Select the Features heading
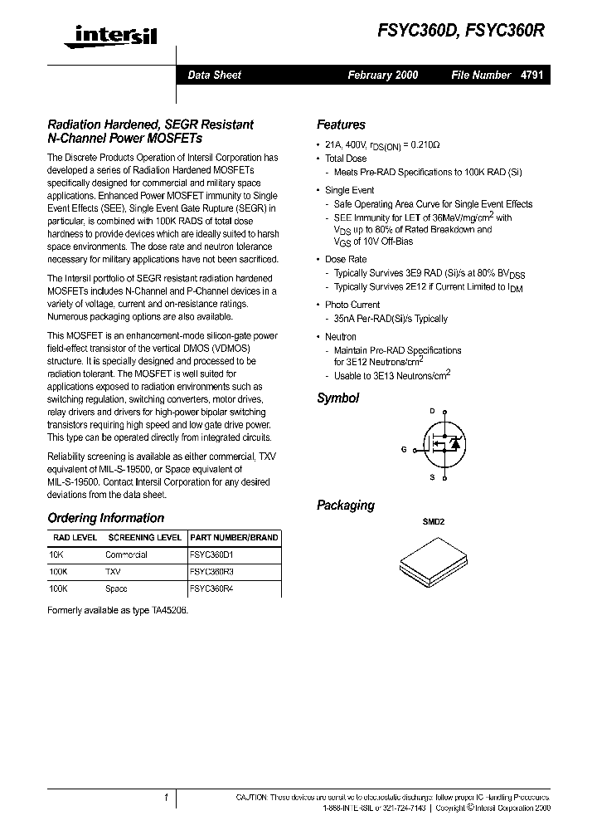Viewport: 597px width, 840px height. click(x=341, y=125)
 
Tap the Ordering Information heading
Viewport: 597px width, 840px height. click(x=106, y=518)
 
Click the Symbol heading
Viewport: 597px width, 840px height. click(x=337, y=398)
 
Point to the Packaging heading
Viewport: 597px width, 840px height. click(x=346, y=505)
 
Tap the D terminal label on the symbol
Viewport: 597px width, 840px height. click(x=432, y=411)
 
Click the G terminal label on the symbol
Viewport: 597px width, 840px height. click(x=404, y=449)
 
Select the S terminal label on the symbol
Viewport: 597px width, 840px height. click(x=432, y=478)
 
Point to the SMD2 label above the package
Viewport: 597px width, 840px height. click(x=434, y=522)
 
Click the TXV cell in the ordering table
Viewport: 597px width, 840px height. click(x=113, y=572)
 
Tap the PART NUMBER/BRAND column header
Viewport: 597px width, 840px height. click(x=234, y=537)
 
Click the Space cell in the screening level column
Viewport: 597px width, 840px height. click(x=117, y=589)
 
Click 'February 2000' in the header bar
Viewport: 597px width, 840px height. click(x=382, y=75)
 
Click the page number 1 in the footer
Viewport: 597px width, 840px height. click(x=167, y=798)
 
